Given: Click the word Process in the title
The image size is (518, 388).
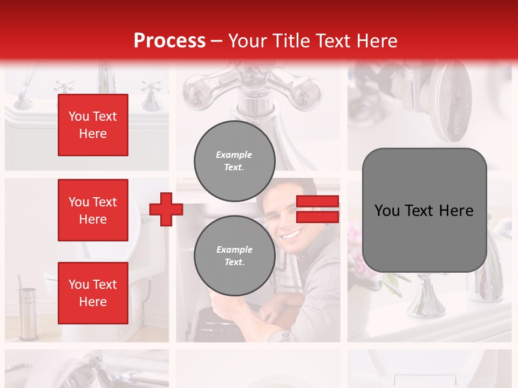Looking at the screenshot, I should click(x=169, y=41).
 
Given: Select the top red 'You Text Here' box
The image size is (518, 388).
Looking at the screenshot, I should click(x=93, y=125).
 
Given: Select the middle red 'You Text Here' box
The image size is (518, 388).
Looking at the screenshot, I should click(x=93, y=210).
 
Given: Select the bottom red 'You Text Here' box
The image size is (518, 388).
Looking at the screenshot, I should click(x=93, y=293).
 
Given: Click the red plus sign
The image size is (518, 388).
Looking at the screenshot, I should click(x=166, y=209).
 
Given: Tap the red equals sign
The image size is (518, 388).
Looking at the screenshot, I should click(x=317, y=209).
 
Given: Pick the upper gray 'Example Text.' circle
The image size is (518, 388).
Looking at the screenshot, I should click(x=235, y=161).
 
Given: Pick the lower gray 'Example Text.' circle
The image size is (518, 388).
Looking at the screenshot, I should click(x=235, y=256).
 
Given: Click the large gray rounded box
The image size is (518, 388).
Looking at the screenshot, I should click(x=424, y=210).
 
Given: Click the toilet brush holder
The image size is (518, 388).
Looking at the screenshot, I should click(x=27, y=313).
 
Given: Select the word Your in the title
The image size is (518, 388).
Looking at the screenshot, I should click(x=247, y=41).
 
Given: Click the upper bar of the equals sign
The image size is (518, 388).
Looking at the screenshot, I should click(x=317, y=202).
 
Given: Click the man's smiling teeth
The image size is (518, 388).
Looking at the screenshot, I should click(x=292, y=235).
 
